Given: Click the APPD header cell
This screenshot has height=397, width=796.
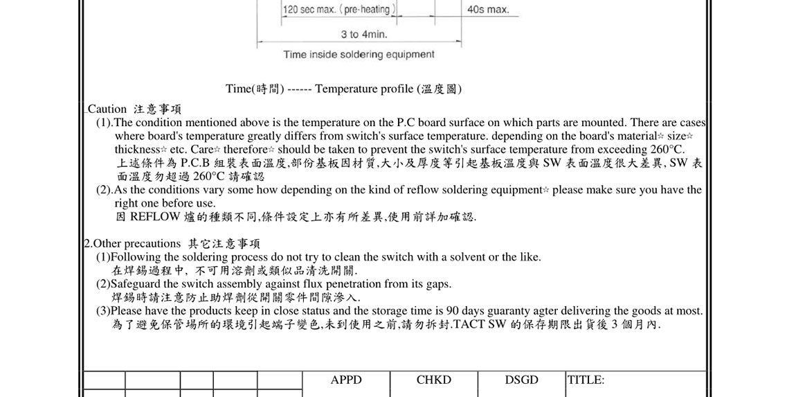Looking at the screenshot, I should pos(346,380).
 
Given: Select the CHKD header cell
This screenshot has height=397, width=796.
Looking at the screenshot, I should pos(434,380).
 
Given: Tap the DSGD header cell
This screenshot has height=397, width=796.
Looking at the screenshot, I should pos(521,380).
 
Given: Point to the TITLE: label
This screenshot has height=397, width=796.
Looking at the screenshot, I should pos(586,380).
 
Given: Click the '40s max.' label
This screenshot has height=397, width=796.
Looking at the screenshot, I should pos(488,10).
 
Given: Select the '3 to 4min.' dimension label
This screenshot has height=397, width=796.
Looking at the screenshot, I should pos(364,34).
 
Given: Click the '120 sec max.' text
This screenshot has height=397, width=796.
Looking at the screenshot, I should pos(309,10).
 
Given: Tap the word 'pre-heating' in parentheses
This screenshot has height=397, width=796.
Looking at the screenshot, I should pos(368,10).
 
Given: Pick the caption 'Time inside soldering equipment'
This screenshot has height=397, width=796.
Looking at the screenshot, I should pos(359,54).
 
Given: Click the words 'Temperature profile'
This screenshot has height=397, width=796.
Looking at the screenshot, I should pos(364,89).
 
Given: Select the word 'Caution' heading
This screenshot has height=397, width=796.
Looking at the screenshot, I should pos(107,109).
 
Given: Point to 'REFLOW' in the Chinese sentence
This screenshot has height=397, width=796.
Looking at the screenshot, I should pos(155,216).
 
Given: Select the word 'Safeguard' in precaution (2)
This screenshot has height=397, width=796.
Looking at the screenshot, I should pos(136,284).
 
